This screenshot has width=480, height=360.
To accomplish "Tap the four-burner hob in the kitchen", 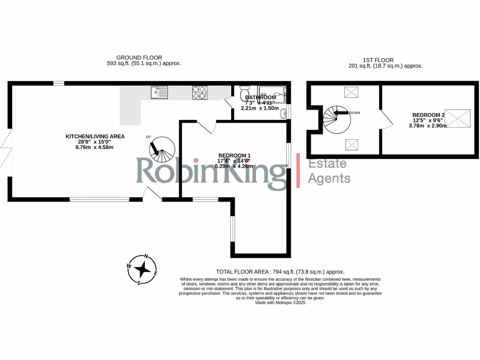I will point(199,93).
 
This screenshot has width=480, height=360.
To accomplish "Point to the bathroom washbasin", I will point(283,112).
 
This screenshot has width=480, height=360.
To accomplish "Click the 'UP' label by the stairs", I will point(149,137).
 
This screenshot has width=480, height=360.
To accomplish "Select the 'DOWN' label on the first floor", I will point(354,113).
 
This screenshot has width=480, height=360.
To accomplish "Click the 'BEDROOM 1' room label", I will point(234,156).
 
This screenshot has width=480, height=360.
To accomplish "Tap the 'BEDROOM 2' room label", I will point(428,115).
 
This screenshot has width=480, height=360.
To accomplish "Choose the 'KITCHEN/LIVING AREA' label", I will point(95,136).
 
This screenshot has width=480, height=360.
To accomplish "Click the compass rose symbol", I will point(142,270).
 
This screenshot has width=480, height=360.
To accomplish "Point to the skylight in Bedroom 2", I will point(457,118).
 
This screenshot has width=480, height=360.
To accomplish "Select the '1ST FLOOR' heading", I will point(378,60).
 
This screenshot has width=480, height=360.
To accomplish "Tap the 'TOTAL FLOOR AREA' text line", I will point(280,271).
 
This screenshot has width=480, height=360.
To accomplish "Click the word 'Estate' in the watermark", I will point(327,163).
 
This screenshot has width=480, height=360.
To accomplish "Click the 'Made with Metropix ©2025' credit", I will point(280,303).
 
